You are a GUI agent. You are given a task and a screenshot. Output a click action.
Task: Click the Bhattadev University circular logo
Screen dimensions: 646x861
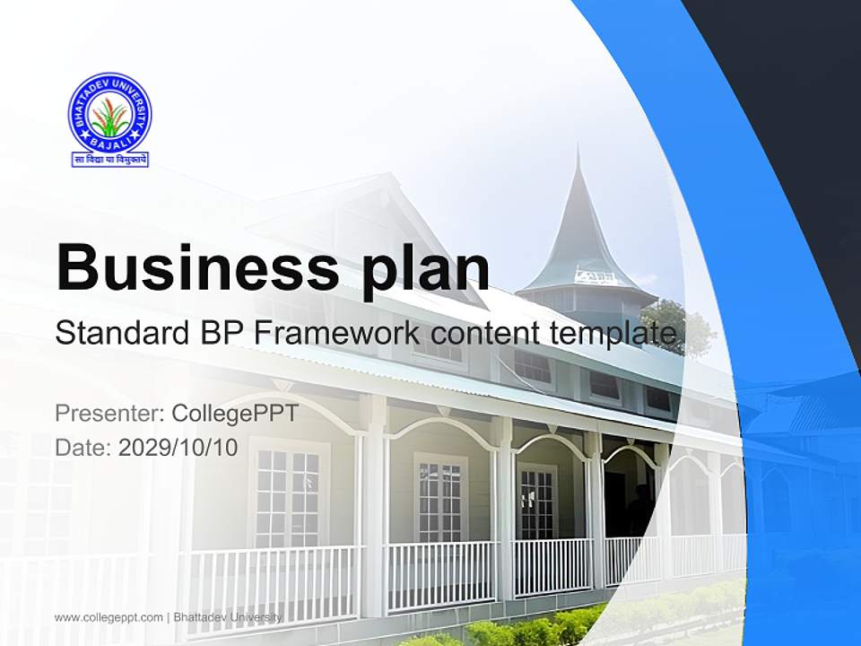point(110,114)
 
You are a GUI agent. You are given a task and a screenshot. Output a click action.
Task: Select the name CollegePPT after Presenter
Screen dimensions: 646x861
point(235,413)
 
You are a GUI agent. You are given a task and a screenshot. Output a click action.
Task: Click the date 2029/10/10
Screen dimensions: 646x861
point(178,448)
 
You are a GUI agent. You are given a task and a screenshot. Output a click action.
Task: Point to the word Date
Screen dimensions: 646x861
point(81,448)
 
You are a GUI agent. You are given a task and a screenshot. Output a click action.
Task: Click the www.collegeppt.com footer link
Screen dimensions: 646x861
point(109,617)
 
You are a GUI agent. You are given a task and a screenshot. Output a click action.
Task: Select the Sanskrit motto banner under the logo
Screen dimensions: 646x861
point(110,160)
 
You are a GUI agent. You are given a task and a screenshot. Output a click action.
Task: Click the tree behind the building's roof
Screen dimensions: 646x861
point(682,327)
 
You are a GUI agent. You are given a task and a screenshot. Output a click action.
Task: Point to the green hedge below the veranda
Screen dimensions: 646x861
point(538,628)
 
